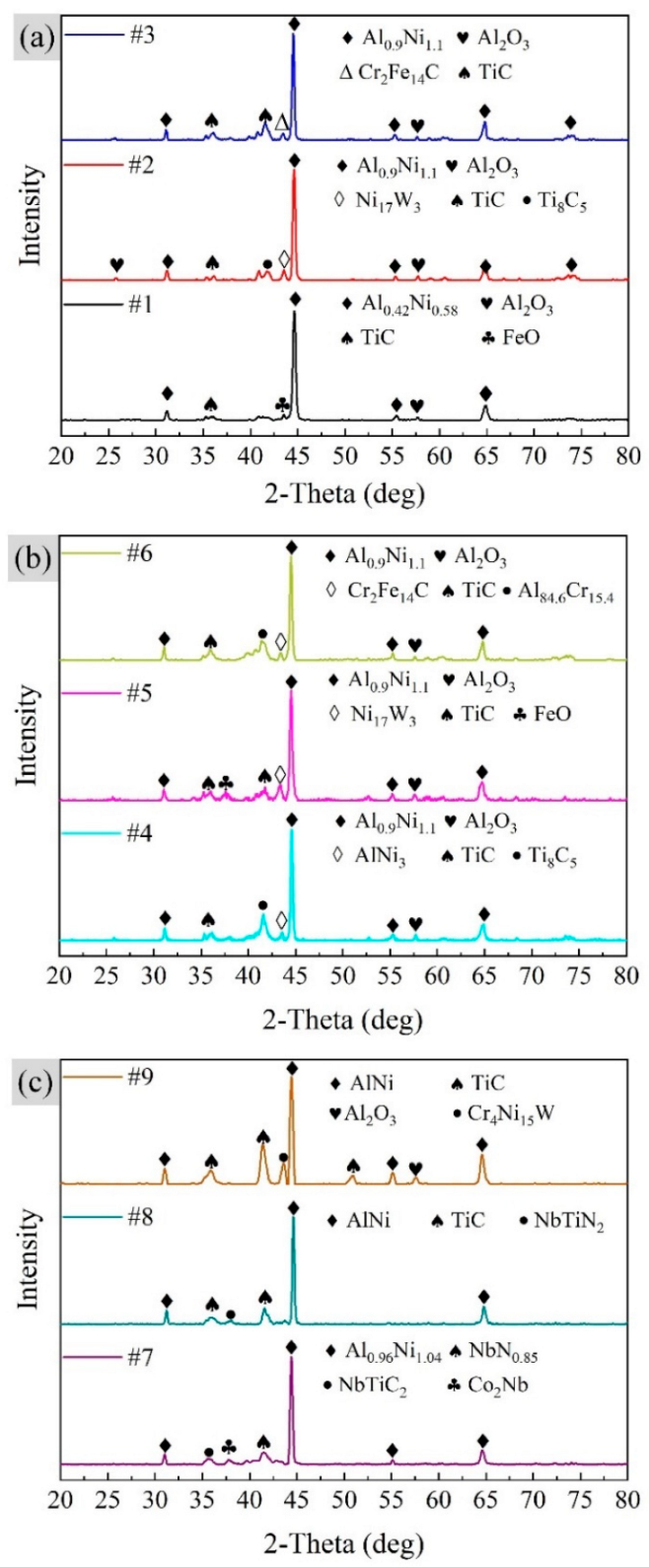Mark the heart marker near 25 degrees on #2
pyautogui.click(x=116, y=263)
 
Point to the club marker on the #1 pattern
pyautogui.click(x=283, y=403)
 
